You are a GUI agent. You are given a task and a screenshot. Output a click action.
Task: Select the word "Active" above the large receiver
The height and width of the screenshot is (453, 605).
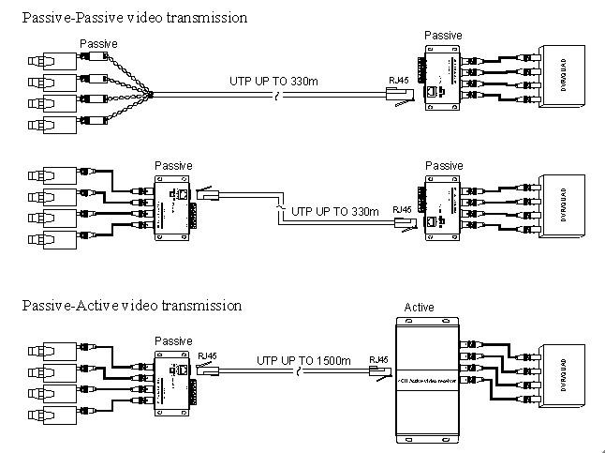(419, 308)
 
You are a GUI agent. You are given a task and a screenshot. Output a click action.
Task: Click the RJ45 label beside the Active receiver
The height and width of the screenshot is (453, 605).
(379, 358)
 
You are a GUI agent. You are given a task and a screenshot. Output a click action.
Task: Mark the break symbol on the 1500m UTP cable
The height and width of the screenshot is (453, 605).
(297, 373)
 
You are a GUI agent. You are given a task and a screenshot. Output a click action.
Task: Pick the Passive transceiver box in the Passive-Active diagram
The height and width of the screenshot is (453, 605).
(172, 375)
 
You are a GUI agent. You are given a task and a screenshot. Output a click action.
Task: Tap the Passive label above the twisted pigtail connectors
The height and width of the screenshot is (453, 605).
(99, 43)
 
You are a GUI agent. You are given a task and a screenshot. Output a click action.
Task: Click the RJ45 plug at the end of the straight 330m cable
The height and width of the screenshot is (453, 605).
(398, 93)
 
